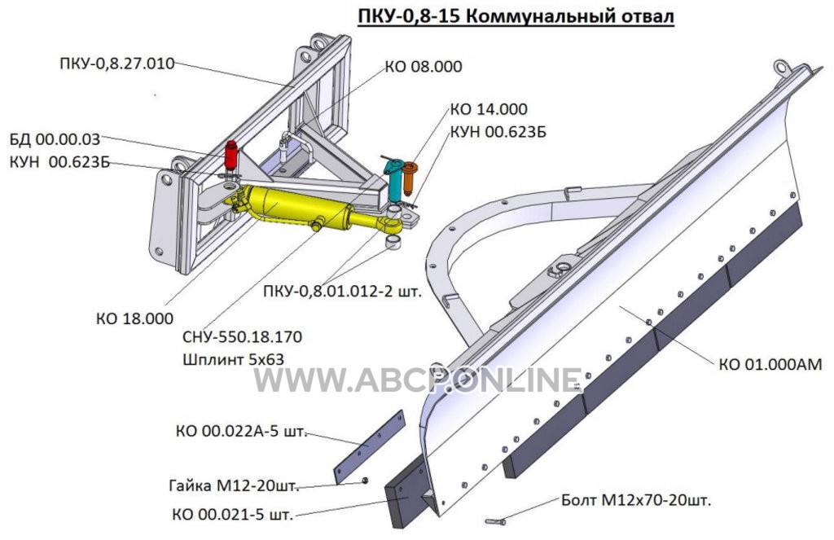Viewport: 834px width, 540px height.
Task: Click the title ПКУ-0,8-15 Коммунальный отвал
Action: coord(516,16)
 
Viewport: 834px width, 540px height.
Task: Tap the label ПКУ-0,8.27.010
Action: coord(117,64)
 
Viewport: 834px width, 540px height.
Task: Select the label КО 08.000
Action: coord(424,67)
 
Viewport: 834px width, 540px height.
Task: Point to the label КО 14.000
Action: coord(489,109)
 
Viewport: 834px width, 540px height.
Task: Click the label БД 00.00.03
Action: coord(55,139)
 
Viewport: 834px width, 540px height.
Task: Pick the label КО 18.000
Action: coord(134,318)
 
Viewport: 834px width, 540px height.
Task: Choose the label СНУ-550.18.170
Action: coord(242,336)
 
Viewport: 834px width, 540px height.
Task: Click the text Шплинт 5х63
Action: coord(233,359)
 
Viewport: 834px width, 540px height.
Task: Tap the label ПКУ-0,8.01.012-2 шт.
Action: coord(343,292)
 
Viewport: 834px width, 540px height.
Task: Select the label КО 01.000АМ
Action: coord(770,364)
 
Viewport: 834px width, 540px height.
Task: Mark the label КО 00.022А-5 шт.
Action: coord(241,431)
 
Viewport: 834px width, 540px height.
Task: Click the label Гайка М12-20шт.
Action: coord(234,485)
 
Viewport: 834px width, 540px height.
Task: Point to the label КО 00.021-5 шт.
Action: coord(232,515)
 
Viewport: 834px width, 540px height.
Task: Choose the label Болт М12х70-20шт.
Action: coord(636,500)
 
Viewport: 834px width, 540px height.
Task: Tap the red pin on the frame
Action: coord(231,155)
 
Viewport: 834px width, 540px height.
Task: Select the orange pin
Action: coord(410,178)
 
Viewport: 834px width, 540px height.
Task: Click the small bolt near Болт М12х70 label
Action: coord(496,522)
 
